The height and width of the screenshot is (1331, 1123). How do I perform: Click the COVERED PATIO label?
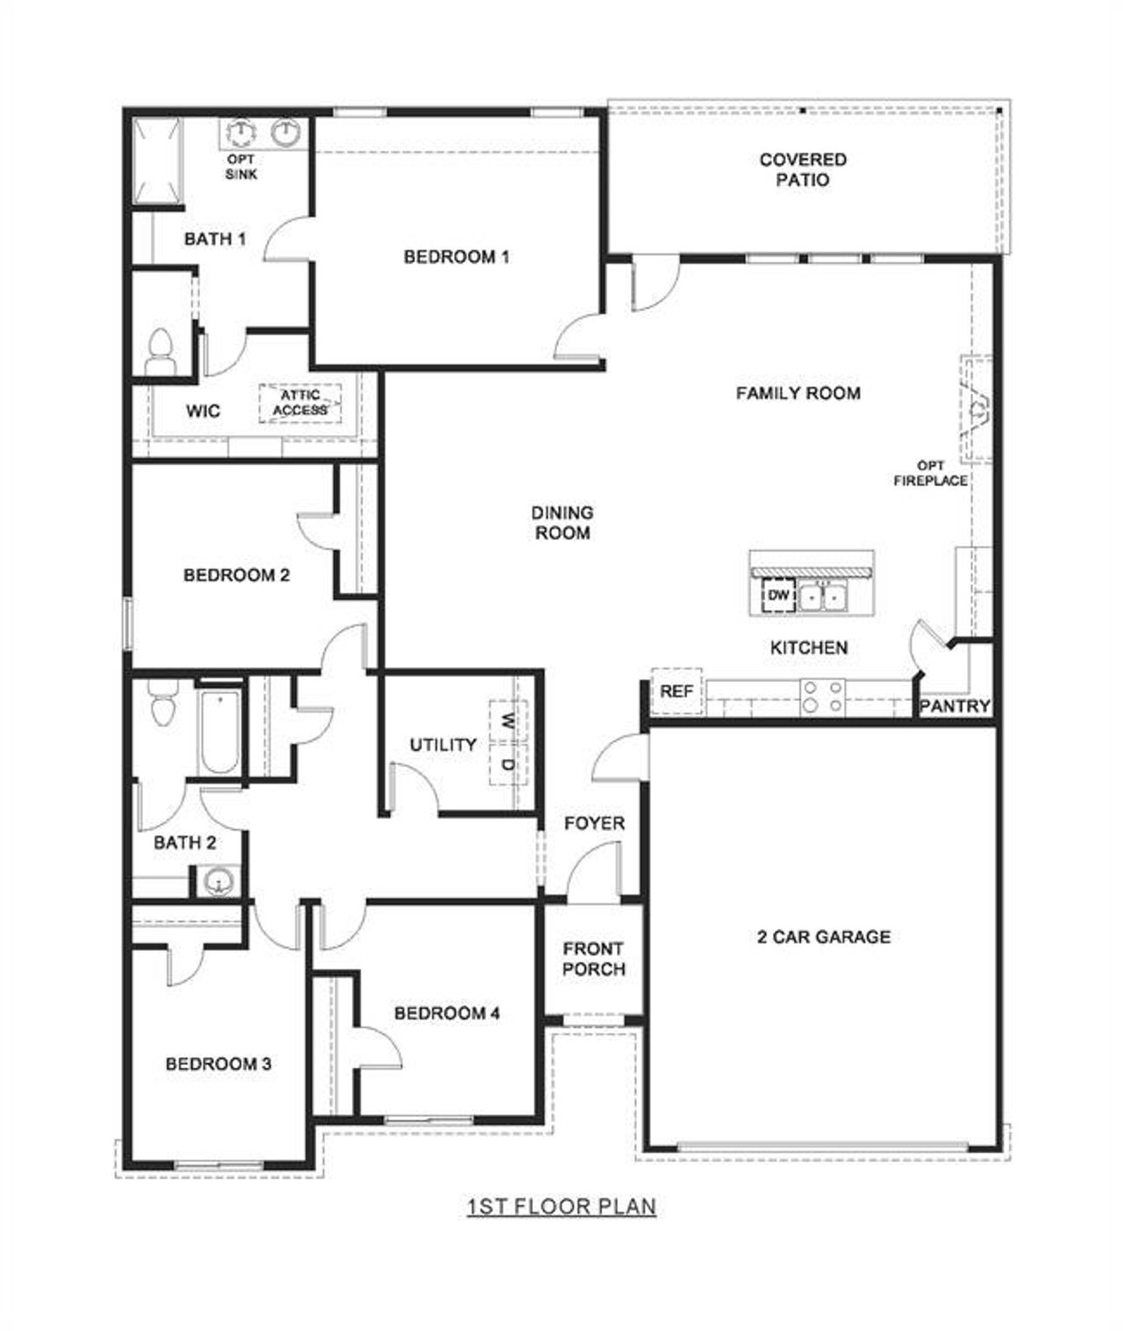coord(803,170)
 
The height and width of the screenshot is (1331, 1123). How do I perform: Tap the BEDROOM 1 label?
coord(456,257)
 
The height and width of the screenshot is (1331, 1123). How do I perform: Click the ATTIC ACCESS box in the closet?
coord(300,404)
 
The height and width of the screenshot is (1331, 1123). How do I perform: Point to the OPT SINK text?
coord(241,167)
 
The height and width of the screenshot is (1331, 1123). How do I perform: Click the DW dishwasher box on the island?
coord(778,596)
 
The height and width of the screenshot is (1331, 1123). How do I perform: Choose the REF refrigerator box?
coord(676,691)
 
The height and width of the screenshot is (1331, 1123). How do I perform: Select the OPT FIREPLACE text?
coord(930,473)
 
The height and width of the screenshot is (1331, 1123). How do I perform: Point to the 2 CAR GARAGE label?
coord(824,937)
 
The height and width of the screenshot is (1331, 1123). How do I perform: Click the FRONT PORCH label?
coord(594,959)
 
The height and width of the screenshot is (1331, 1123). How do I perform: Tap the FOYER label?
coord(595,823)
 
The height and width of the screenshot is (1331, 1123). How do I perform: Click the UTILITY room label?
coord(443,745)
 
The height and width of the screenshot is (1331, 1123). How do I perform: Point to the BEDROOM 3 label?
coord(218,1064)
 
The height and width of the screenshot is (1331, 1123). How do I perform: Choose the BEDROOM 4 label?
coord(447,1013)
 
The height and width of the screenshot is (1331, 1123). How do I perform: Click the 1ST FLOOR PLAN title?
coord(561,1207)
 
